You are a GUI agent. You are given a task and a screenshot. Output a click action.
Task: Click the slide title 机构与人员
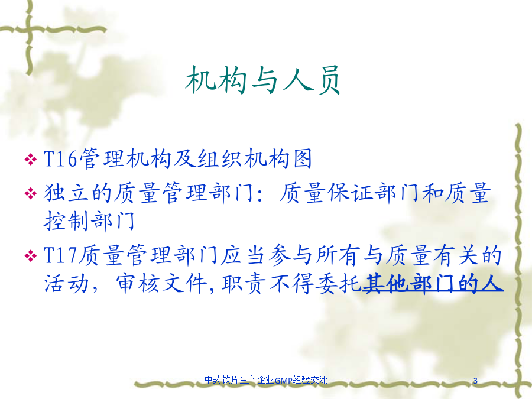click(x=262, y=80)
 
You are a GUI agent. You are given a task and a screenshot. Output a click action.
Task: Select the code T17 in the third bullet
click(x=60, y=255)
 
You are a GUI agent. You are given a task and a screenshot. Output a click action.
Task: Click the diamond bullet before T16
click(x=31, y=159)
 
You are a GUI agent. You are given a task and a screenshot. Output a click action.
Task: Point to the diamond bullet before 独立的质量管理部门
click(x=31, y=193)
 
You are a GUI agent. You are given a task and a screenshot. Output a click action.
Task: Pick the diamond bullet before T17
click(x=31, y=255)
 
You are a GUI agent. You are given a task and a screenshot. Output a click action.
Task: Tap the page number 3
click(x=475, y=381)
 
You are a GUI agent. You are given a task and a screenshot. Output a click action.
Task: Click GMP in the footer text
click(x=283, y=380)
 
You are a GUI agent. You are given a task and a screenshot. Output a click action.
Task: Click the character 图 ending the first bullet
click(x=302, y=158)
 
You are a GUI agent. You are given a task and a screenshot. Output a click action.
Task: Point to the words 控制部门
click(x=89, y=221)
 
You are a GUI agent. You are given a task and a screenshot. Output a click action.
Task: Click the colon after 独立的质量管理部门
click(x=260, y=195)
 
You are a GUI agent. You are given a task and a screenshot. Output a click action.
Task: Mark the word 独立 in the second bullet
click(x=66, y=193)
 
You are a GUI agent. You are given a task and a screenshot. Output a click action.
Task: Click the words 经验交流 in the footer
click(x=310, y=380)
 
